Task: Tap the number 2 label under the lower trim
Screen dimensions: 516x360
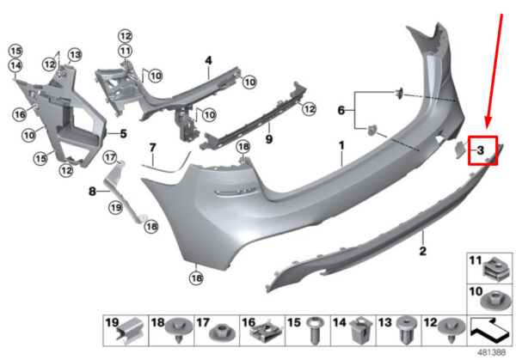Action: pyautogui.click(x=423, y=252)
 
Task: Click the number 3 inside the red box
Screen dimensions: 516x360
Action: pyautogui.click(x=482, y=151)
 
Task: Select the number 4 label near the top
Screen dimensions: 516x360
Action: pyautogui.click(x=207, y=60)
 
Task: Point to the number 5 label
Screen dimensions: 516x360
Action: pyautogui.click(x=123, y=133)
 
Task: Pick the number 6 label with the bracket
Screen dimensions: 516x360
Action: pyautogui.click(x=341, y=110)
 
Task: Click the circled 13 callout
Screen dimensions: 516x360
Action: pyautogui.click(x=76, y=56)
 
